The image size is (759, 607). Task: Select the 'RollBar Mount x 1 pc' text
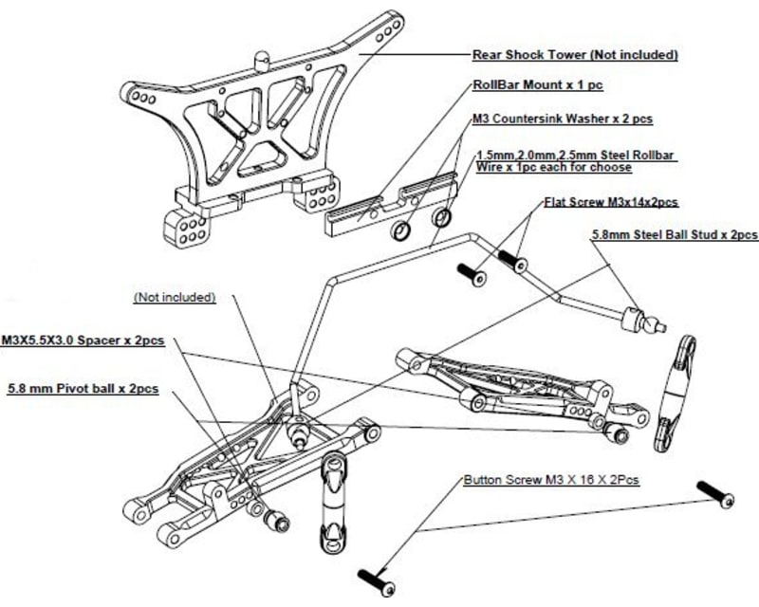(x=539, y=85)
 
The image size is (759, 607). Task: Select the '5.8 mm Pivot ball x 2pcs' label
(x=82, y=389)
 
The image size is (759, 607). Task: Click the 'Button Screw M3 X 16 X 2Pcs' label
(x=550, y=481)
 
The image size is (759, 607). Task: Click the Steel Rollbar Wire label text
(x=565, y=159)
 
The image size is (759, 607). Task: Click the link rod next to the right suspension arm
(x=675, y=391)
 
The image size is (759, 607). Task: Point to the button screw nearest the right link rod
(x=716, y=492)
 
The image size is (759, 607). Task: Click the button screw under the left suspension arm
(x=377, y=579)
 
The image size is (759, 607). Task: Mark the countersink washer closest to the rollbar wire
(x=442, y=218)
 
